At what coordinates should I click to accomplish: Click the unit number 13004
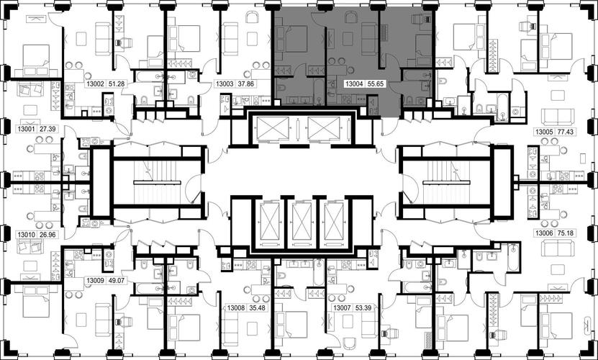pos(354,84)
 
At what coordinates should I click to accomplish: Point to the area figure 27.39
pos(48,129)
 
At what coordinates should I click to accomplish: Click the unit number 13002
pos(94,84)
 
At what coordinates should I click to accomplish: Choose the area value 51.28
pos(117,84)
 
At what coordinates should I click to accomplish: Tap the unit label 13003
pos(225,84)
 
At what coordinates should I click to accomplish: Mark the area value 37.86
pos(246,84)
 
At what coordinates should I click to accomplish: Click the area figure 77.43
pos(566,132)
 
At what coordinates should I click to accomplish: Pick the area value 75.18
pos(566,233)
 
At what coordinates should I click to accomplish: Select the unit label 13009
pos(95,281)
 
